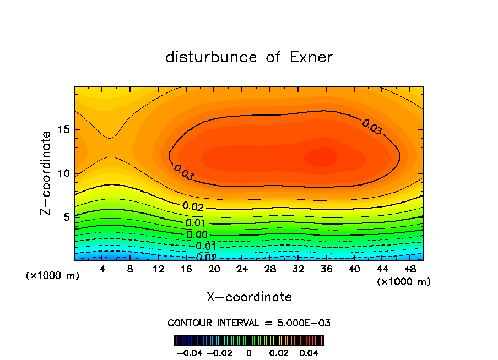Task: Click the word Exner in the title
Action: (311, 57)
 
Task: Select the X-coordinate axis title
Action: (249, 297)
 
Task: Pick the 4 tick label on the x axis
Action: (102, 269)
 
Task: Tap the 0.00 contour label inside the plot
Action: (196, 235)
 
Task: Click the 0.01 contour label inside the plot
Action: (196, 223)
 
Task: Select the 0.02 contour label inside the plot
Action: (193, 207)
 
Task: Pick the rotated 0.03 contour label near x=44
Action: (372, 127)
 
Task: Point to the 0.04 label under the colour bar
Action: (310, 352)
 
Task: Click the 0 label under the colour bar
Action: (249, 352)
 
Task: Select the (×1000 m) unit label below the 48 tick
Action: (404, 282)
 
